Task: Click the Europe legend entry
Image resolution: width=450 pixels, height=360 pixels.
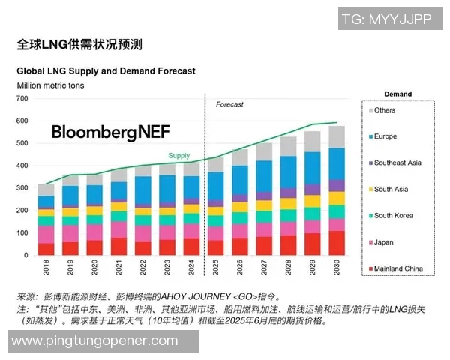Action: click(385, 136)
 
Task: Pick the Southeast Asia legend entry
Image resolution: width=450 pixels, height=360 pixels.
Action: click(397, 163)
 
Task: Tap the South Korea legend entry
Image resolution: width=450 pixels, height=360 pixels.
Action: click(394, 215)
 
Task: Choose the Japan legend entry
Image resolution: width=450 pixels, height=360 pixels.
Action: click(383, 242)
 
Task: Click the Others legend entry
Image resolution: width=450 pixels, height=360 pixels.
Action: click(385, 110)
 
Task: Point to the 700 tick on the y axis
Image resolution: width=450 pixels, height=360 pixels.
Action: click(22, 98)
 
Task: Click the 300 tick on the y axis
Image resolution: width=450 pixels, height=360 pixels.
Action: click(22, 188)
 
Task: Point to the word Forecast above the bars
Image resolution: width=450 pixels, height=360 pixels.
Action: click(229, 104)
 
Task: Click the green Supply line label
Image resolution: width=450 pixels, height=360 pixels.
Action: click(178, 156)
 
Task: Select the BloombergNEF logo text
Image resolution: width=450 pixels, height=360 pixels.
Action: click(110, 132)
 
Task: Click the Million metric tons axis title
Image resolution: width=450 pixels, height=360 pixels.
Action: click(51, 85)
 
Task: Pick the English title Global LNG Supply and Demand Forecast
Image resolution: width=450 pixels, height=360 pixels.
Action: click(106, 71)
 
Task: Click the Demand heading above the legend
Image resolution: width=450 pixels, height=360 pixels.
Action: click(397, 94)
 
